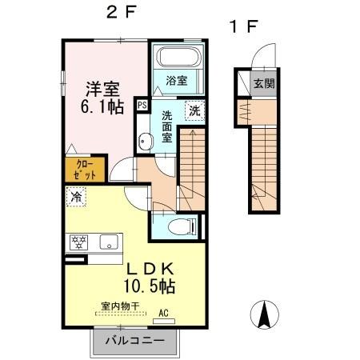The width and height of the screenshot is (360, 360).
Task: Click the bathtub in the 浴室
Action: click(x=178, y=57)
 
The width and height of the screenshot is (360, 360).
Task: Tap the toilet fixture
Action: click(x=182, y=226)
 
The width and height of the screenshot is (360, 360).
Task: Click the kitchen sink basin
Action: click(x=109, y=242)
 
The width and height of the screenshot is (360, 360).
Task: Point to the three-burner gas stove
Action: click(x=78, y=242)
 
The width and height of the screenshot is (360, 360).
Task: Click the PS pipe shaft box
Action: click(x=142, y=105)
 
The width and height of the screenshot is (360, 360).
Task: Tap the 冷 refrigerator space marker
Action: click(x=76, y=197)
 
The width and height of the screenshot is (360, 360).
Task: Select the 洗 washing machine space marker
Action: click(x=194, y=110)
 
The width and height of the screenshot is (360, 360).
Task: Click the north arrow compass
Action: click(x=264, y=314)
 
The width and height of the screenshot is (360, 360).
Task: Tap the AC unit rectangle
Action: click(x=164, y=321)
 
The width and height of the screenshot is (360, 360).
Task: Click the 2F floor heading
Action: click(x=122, y=12)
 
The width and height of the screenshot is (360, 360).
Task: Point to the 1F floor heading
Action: click(x=243, y=26)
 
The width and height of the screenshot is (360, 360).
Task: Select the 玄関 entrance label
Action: click(x=264, y=83)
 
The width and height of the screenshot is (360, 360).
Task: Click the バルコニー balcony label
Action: click(x=135, y=341)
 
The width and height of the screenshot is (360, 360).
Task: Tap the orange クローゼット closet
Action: click(x=85, y=170)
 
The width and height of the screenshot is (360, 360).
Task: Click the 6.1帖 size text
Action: click(x=102, y=107)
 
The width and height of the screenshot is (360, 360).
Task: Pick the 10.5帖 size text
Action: click(x=150, y=286)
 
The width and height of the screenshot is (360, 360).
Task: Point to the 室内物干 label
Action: click(x=120, y=306)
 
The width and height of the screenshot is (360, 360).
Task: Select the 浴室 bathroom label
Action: click(x=177, y=81)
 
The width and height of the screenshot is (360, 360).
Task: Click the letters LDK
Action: click(x=150, y=269)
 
